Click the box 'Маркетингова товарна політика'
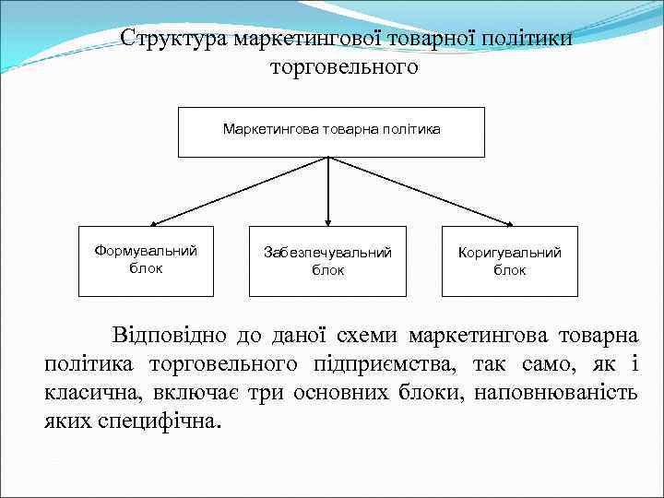pyautogui.click(x=330, y=131)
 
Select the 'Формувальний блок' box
pyautogui.click(x=146, y=261)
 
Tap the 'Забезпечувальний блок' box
pyautogui.click(x=327, y=261)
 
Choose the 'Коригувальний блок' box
pyautogui.click(x=509, y=261)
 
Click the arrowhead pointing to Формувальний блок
pyautogui.click(x=155, y=223)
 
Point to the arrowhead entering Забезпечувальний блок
pyautogui.click(x=328, y=221)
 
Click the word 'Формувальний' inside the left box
pyautogui.click(x=146, y=251)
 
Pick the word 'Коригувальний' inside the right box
pyautogui.click(x=509, y=253)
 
